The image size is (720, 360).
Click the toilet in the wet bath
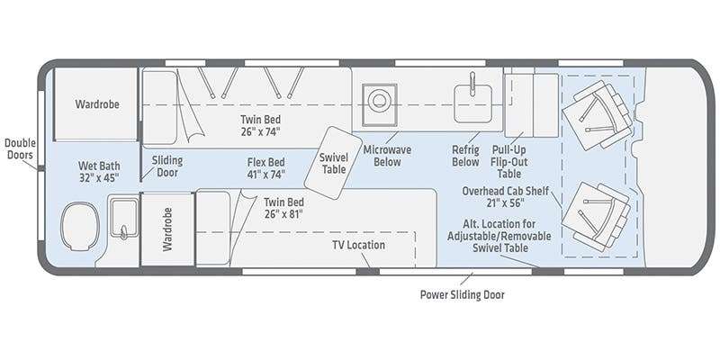coord(80,227)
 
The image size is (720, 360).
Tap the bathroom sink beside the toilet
coord(124,219)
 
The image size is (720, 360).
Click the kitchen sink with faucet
coord(473,101)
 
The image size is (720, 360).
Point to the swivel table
coord(334,163)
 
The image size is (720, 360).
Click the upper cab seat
coord(598,115)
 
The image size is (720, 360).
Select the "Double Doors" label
coord(20,148)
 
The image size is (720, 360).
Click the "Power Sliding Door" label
coord(462,294)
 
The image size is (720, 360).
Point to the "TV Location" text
coord(358,245)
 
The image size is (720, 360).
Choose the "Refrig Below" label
coord(465,156)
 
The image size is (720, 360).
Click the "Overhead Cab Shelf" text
coord(505,191)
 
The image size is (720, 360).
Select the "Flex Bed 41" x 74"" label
coord(265,168)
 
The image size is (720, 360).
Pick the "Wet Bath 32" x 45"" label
coord(98,171)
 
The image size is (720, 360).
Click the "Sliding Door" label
coord(167,166)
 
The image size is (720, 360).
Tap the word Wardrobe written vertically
coord(167,229)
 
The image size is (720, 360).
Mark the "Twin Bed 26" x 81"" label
coord(283,208)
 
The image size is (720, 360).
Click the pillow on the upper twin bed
coord(160,107)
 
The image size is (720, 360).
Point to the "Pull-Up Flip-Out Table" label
coord(509,162)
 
